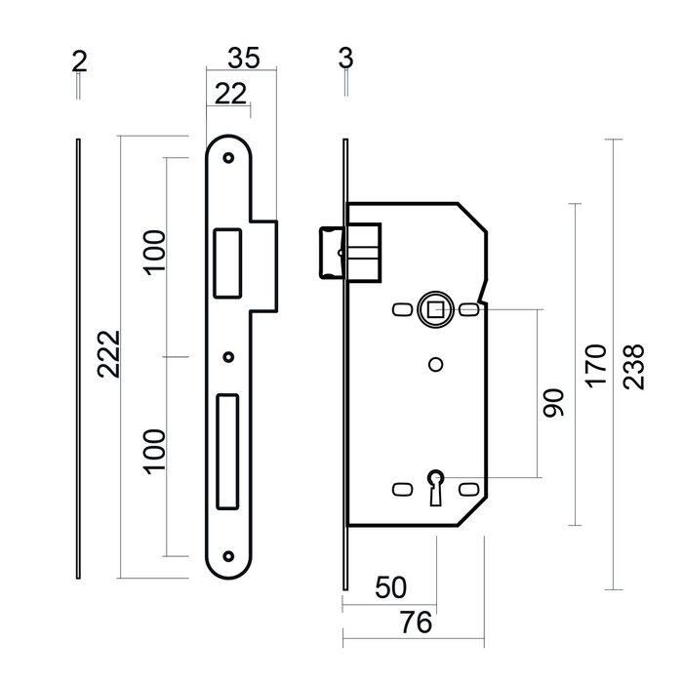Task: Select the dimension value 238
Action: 634,366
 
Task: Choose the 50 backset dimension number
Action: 389,588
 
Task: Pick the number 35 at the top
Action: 243,60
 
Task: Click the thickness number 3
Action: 344,60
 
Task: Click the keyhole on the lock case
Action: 434,483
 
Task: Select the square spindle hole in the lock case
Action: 432,310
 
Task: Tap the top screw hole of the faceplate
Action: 229,156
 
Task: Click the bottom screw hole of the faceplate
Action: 229,559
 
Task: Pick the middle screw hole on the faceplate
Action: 229,357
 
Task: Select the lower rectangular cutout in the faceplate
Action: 227,450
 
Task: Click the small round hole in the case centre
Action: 433,365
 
